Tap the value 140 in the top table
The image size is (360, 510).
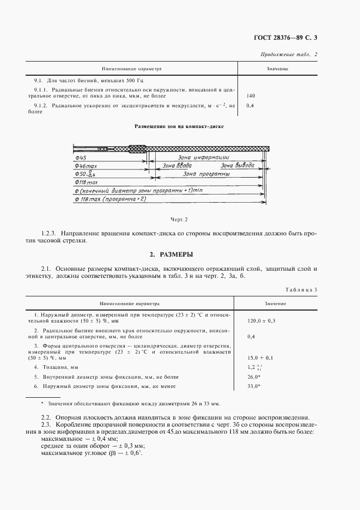tap(251, 96)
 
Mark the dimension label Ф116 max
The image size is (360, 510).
tap(86, 183)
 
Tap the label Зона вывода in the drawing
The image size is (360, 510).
tap(236, 166)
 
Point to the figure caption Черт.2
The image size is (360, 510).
tap(179, 219)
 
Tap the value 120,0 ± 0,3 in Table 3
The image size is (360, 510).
tap(261, 320)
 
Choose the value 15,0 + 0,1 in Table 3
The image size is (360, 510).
tap(260, 357)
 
